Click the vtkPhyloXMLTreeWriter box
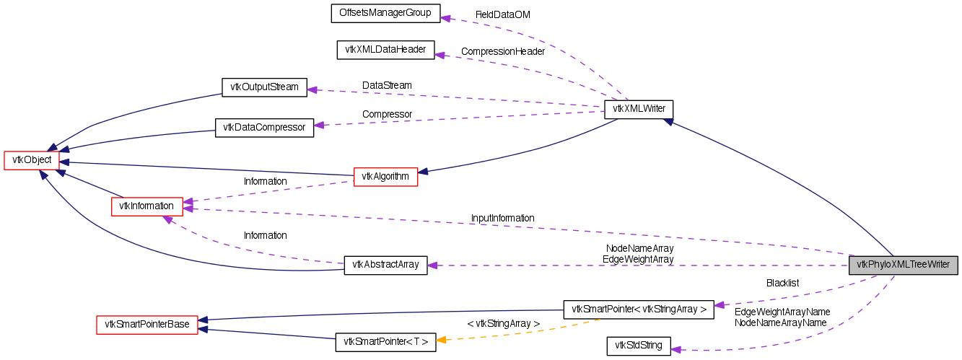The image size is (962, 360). pos(904,265)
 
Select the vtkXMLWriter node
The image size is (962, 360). pos(639,110)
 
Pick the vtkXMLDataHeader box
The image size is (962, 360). pos(386,50)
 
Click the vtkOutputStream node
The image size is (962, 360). pos(264,87)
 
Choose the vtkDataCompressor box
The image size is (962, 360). pos(265,128)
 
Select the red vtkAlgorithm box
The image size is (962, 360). pos(385,176)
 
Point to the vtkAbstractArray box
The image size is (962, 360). pos(385,265)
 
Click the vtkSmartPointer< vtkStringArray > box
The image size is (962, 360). pos(638,309)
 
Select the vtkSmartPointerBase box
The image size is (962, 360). pos(147,325)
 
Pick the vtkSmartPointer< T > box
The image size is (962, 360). pos(385,342)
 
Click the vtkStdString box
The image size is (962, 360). pos(639,346)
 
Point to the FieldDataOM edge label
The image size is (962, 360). pos(502,14)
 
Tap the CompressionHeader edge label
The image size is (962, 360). pos(502,51)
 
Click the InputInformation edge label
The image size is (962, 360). pos(502,218)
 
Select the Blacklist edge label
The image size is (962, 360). pos(782,283)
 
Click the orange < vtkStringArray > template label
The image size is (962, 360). pos(503,324)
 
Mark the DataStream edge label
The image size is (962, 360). pos(387,85)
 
